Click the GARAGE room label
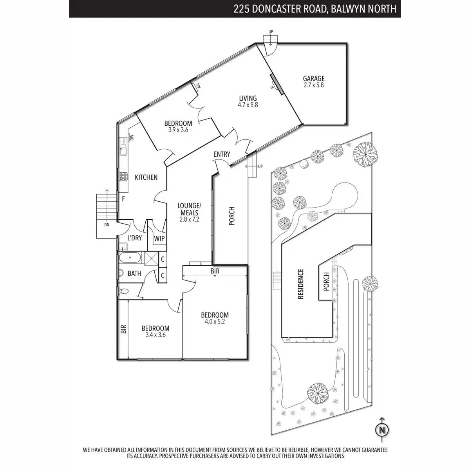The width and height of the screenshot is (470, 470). [x=314, y=79]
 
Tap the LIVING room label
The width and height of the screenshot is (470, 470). [x=248, y=98]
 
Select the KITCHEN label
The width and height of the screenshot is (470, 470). [x=146, y=177]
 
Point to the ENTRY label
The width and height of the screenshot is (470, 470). [x=222, y=154]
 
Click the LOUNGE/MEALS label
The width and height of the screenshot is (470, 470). [x=189, y=209]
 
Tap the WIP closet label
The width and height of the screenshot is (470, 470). [x=159, y=239]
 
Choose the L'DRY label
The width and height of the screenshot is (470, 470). [x=135, y=238]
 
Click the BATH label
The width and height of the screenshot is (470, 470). [x=134, y=273]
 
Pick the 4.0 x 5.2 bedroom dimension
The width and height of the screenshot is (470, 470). [x=215, y=322]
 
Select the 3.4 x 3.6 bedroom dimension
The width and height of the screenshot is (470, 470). [x=155, y=335]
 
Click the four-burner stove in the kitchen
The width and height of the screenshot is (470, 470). [x=124, y=177]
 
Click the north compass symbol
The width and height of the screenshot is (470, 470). [x=382, y=430]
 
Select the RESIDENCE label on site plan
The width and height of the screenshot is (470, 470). [x=301, y=284]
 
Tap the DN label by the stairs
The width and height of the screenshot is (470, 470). [x=107, y=225]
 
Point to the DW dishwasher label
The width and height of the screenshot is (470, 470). [x=132, y=137]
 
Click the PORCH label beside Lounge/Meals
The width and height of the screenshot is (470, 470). [x=231, y=216]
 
